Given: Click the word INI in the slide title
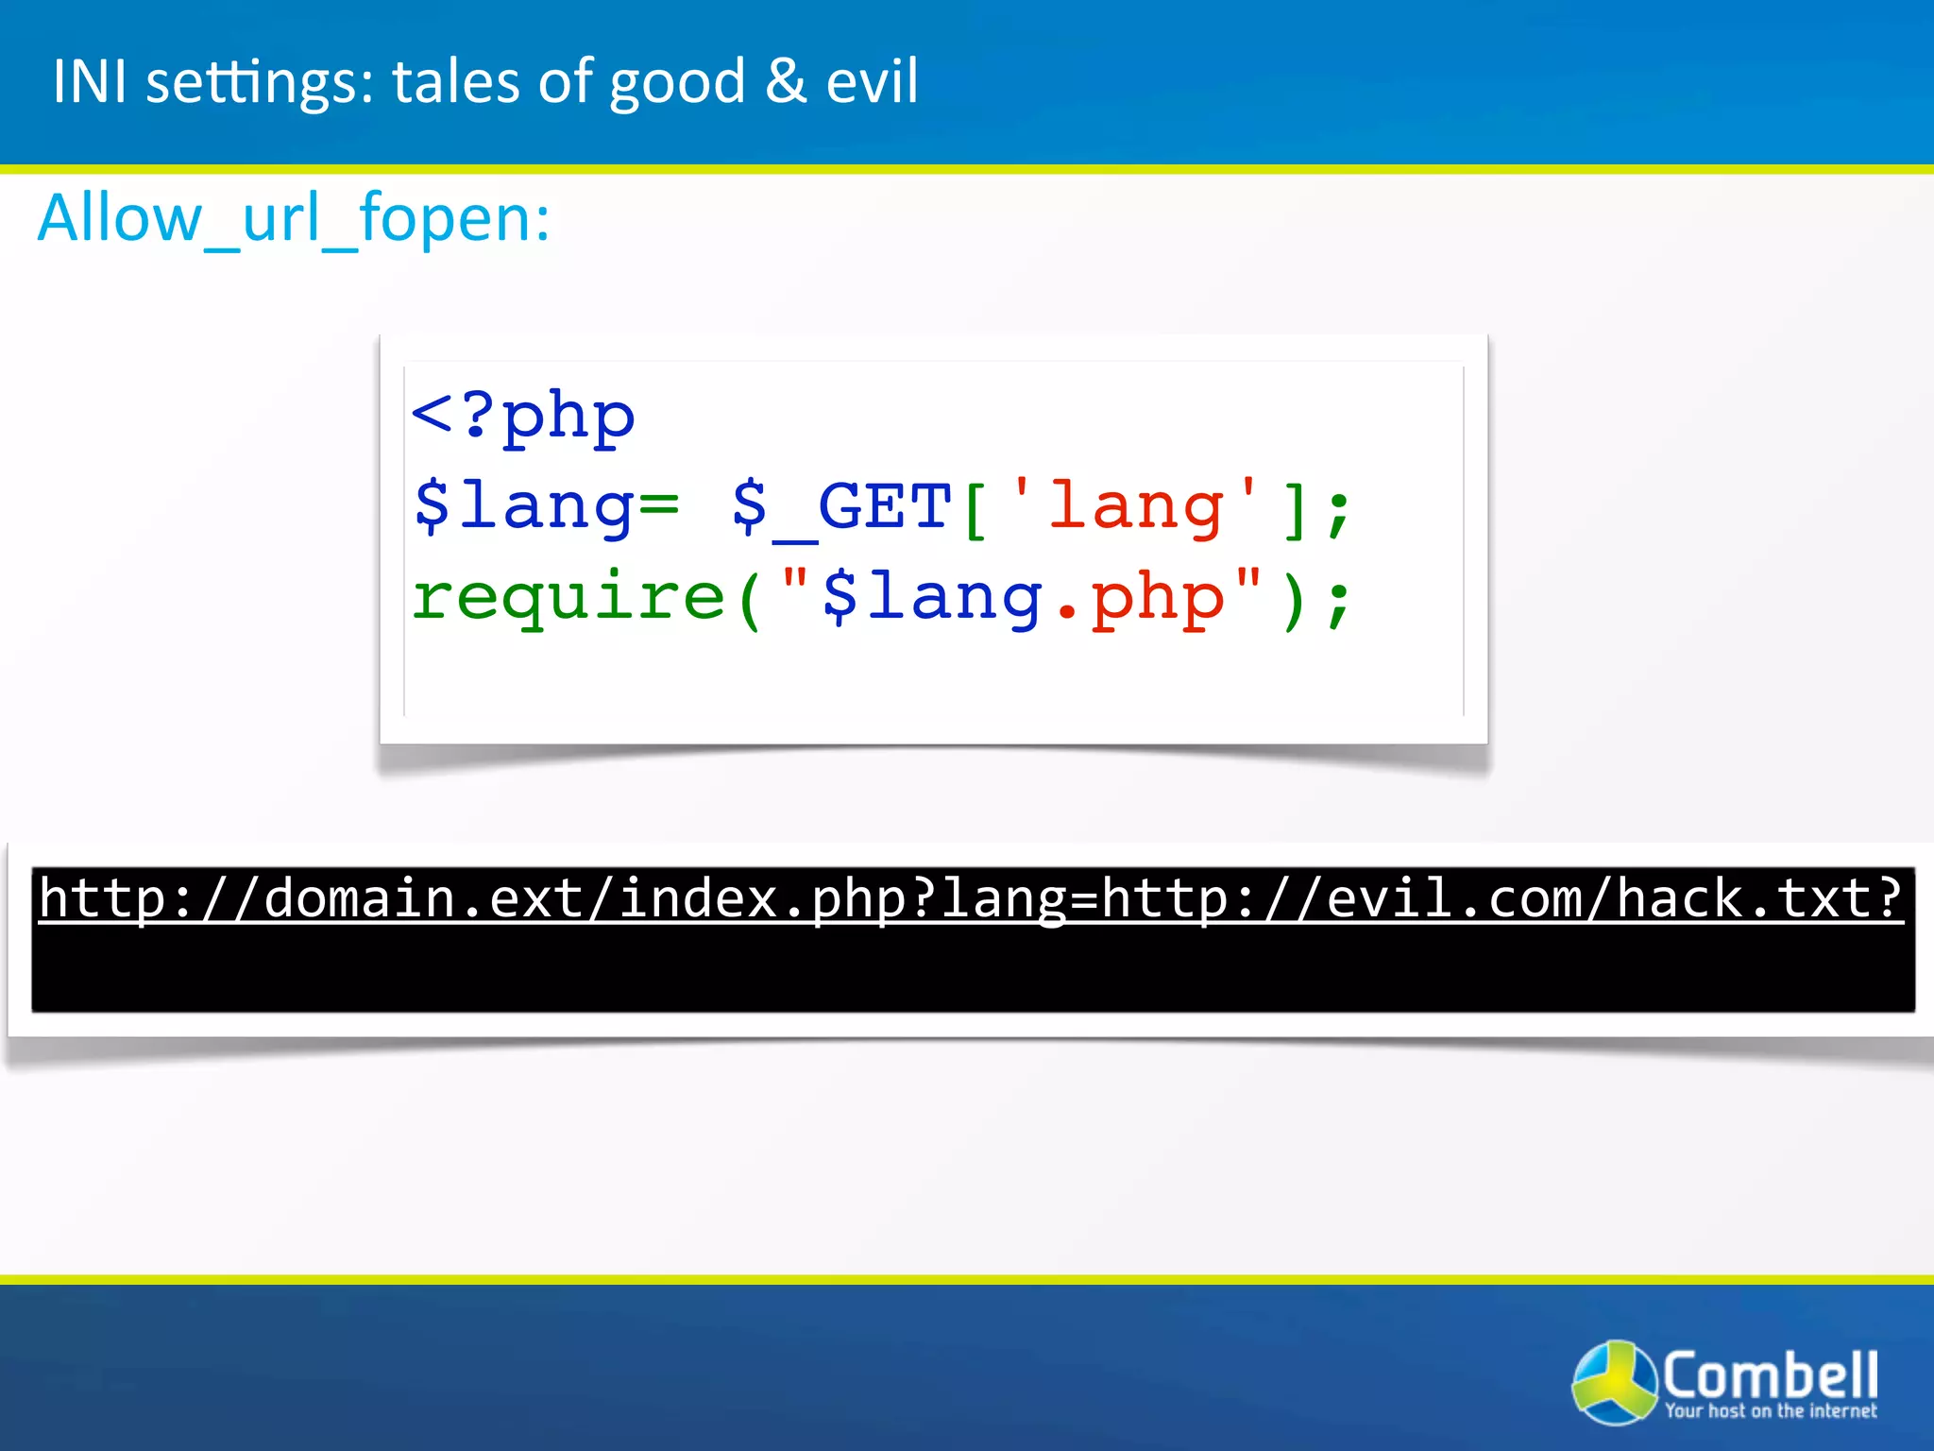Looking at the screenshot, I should pyautogui.click(x=89, y=81).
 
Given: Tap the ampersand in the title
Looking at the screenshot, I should pyautogui.click(x=785, y=81).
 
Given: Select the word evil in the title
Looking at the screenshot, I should pyautogui.click(x=871, y=81).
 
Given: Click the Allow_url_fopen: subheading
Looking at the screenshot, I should pyautogui.click(x=294, y=219).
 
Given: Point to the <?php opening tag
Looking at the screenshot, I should pyautogui.click(x=522, y=416).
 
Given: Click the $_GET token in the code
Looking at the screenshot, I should pyautogui.click(x=840, y=507).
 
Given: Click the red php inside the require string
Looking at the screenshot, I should pyautogui.click(x=1158, y=598).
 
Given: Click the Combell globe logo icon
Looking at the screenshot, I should pyautogui.click(x=1613, y=1380).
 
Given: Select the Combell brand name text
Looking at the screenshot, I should pyautogui.click(x=1770, y=1375).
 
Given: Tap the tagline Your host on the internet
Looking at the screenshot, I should pyautogui.click(x=1770, y=1411).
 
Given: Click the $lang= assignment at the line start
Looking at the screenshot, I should pyautogui.click(x=546, y=507).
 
